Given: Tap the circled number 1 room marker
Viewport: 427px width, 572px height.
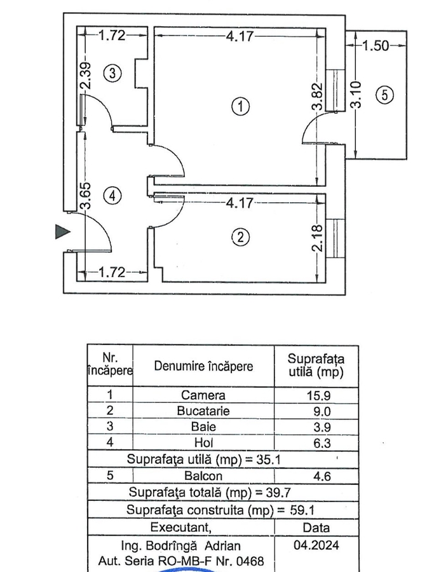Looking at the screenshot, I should [x=240, y=107].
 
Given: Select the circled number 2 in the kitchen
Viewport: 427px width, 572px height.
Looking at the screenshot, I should [x=240, y=238].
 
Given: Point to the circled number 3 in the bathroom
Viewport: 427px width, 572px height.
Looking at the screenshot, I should [x=112, y=73].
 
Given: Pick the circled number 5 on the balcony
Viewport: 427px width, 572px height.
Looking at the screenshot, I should [x=384, y=95].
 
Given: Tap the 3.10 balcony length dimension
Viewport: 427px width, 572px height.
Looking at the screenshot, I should [x=356, y=95].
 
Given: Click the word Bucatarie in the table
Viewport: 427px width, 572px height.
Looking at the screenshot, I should [x=203, y=411].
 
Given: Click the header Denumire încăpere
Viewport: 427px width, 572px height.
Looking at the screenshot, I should [x=203, y=367].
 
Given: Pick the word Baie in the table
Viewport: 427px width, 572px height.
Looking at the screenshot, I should [x=203, y=427].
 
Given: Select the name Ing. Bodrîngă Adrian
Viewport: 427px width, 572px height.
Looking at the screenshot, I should [x=181, y=546].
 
